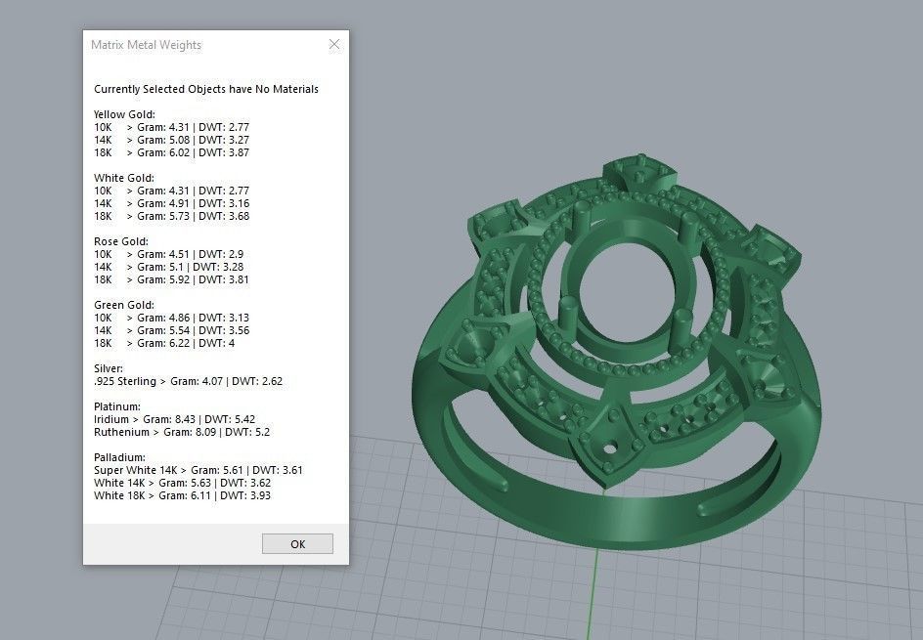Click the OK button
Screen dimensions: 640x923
[297, 544]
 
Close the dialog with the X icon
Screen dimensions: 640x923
[334, 45]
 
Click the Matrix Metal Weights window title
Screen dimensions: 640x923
[146, 45]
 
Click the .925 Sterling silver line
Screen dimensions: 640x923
[188, 381]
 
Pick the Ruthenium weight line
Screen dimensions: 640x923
[181, 432]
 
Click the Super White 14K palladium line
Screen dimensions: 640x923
[198, 470]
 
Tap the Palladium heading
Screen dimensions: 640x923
[119, 457]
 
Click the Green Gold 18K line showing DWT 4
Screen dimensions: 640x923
[163, 343]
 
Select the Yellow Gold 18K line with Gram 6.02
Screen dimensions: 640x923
[171, 152]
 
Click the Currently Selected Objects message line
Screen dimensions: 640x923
[205, 89]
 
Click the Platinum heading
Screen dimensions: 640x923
[117, 406]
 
